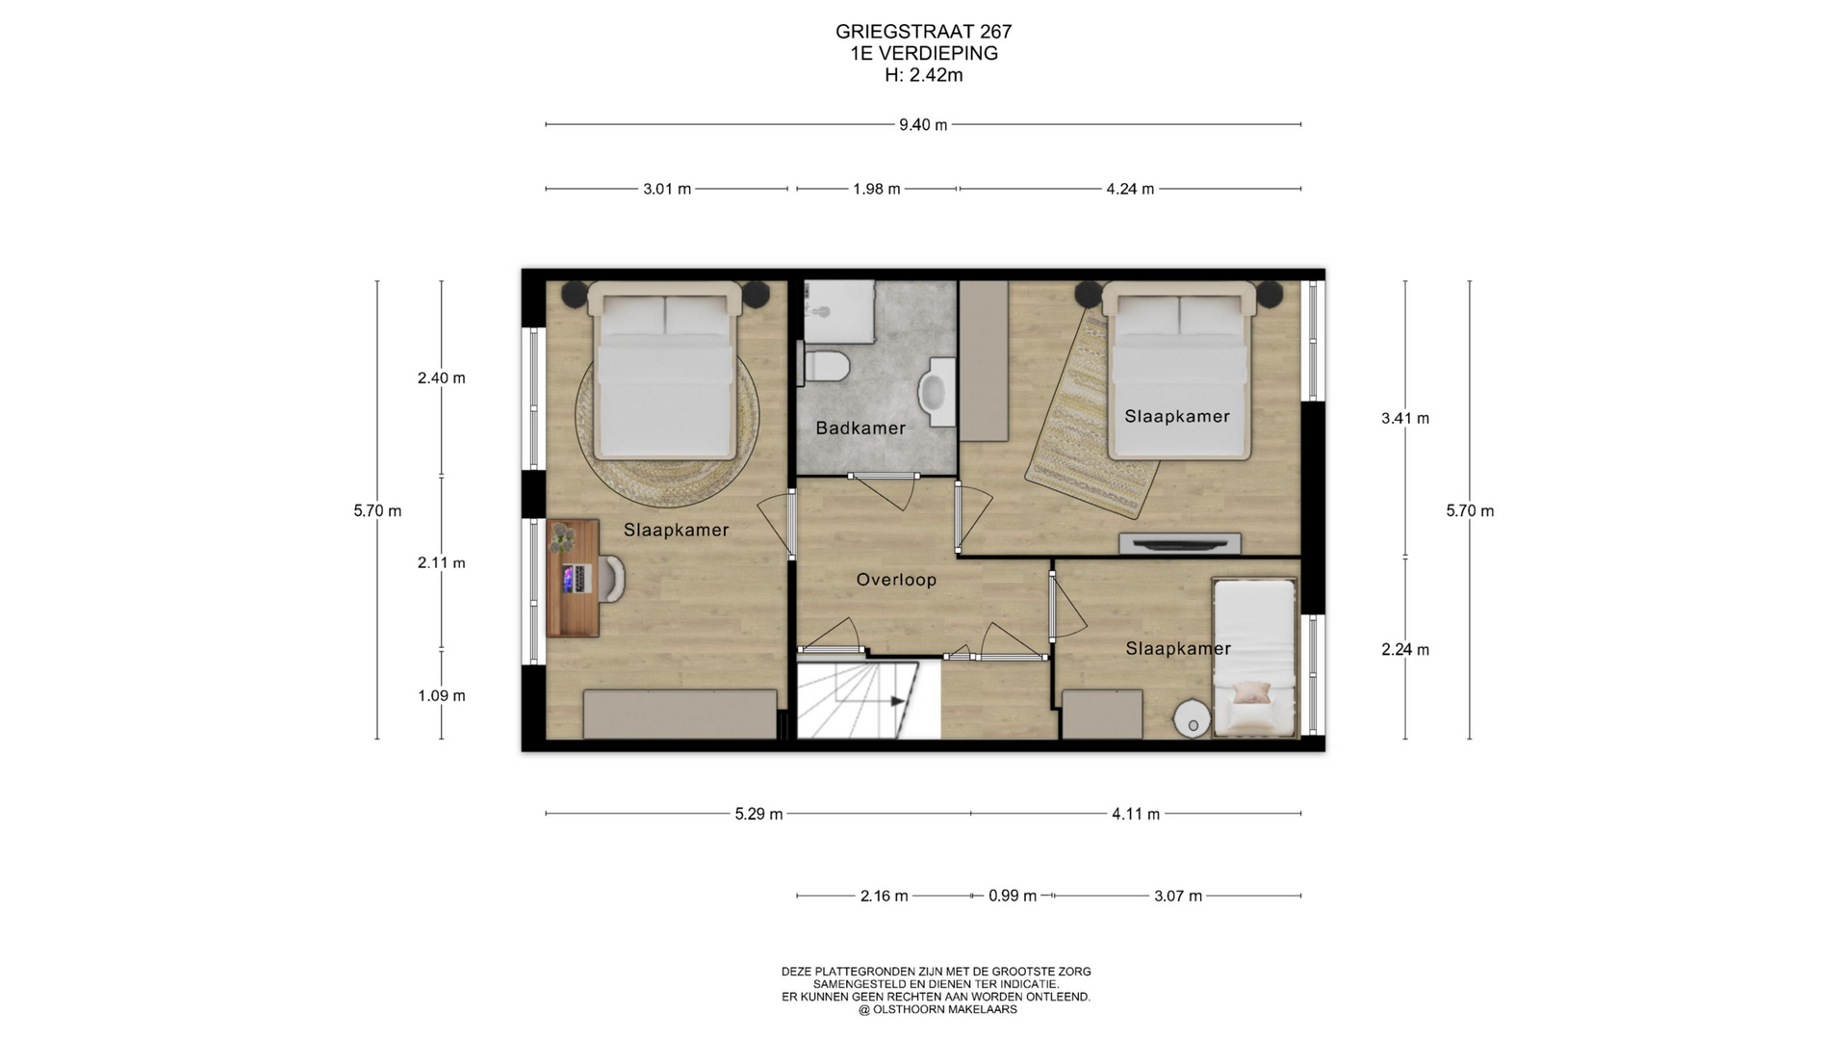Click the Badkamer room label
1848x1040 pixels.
[x=860, y=429]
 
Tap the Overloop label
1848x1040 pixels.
[x=896, y=580]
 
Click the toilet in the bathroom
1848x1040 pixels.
[x=826, y=366]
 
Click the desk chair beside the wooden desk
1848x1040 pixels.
[x=614, y=579]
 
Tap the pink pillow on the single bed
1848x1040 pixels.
[x=1252, y=692]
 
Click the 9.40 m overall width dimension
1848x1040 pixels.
[x=923, y=124]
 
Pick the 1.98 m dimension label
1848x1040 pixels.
[x=877, y=189]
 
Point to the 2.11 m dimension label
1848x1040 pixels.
[x=442, y=563]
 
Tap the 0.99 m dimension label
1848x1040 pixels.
[x=1013, y=897]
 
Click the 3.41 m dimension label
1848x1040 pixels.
[x=1405, y=419]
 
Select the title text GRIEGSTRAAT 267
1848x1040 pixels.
[x=924, y=32]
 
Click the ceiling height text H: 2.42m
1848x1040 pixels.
[x=924, y=75]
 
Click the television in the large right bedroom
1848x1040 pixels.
[x=1180, y=544]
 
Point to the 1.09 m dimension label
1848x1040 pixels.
[x=442, y=696]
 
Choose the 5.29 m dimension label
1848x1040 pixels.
[x=758, y=815]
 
